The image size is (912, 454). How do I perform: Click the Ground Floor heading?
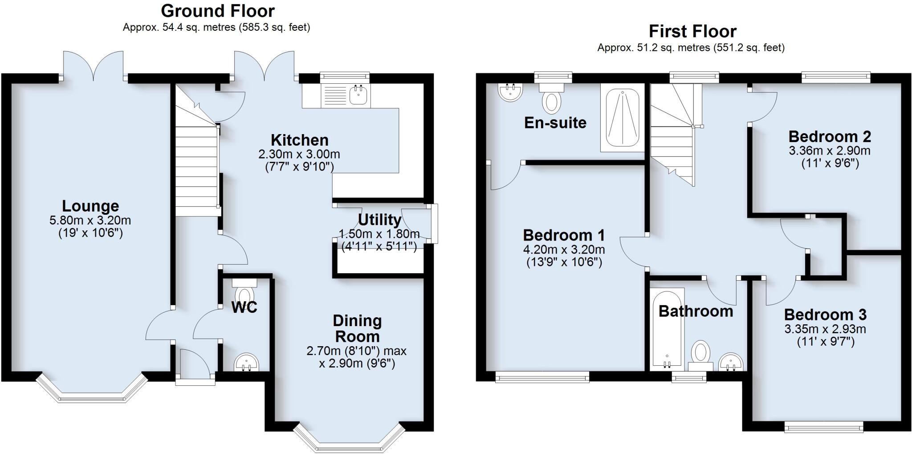(218, 11)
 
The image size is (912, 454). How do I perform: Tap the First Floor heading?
(692, 32)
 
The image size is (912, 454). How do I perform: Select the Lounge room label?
(90, 206)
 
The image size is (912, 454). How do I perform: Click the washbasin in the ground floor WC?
(246, 362)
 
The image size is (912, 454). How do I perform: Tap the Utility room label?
(379, 220)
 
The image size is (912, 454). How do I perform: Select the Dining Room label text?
(357, 328)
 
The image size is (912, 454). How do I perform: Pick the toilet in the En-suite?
(552, 99)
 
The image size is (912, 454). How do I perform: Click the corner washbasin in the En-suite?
(510, 92)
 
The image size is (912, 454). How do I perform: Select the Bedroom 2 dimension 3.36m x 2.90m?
(830, 151)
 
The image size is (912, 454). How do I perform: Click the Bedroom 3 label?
(825, 315)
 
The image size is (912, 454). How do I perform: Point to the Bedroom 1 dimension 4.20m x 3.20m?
(564, 249)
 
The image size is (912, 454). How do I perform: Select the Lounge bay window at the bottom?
(91, 392)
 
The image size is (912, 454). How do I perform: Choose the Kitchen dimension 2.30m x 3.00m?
(299, 155)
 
